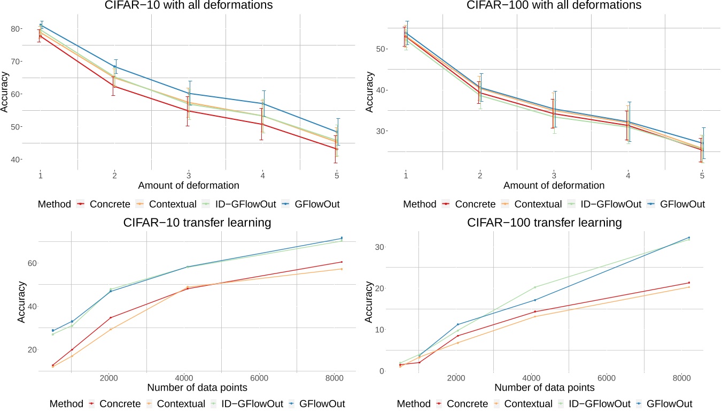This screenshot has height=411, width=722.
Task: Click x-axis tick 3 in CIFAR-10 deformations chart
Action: pos(188,175)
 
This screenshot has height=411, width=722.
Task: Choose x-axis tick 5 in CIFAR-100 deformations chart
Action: pos(702,175)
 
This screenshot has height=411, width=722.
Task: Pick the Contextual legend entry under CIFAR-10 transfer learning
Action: pos(176,404)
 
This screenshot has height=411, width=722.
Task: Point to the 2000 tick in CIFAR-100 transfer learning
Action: pos(455,377)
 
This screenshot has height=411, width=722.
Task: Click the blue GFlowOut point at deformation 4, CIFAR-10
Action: pos(262,103)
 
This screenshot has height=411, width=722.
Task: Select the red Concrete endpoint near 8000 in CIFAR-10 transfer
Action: pos(341,262)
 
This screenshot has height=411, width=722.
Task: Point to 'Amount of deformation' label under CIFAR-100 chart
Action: pos(554,186)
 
